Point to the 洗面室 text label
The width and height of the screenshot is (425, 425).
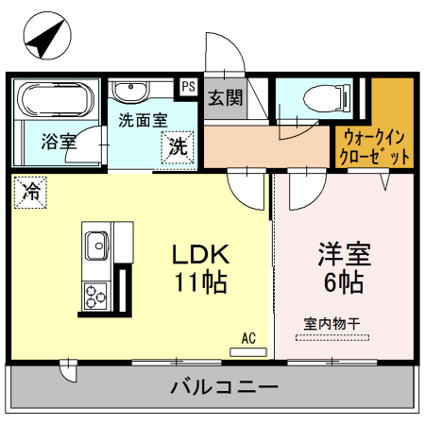pyautogui.click(x=142, y=121)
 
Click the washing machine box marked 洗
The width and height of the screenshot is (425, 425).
pyautogui.click(x=178, y=146)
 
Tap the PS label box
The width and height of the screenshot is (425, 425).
pyautogui.click(x=188, y=86)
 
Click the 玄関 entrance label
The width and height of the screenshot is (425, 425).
pyautogui.click(x=225, y=97)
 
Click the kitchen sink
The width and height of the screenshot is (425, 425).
pyautogui.click(x=96, y=247)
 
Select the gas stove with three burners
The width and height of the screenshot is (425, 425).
pyautogui.click(x=96, y=295)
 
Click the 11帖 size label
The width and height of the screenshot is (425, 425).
pyautogui.click(x=200, y=281)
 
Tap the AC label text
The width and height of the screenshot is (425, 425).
pyautogui.click(x=248, y=337)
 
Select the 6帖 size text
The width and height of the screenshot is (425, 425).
pyautogui.click(x=343, y=281)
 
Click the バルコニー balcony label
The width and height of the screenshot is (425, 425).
pyautogui.click(x=224, y=386)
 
